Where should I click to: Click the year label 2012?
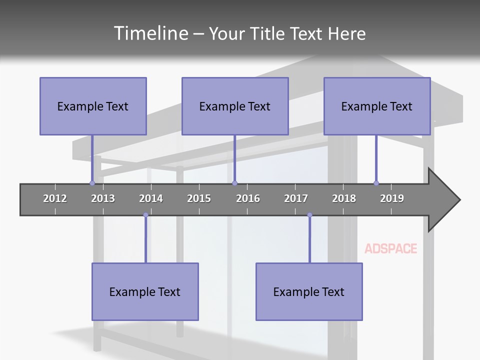(55, 198)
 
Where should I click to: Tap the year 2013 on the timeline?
(103, 198)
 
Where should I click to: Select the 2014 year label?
(151, 198)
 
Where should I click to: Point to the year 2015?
(199, 198)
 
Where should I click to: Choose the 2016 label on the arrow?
(248, 198)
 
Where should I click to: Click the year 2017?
(296, 198)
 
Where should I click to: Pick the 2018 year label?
(344, 198)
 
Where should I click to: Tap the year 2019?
(392, 198)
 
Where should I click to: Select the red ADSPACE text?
(391, 248)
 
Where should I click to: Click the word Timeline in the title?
(149, 33)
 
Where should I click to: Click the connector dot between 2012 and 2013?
(92, 183)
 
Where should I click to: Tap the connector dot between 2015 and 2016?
(234, 183)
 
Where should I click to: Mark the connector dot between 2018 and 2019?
(376, 183)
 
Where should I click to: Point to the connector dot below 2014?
(145, 215)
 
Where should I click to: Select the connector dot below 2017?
(309, 215)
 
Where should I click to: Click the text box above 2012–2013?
(93, 106)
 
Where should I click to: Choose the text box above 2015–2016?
(235, 106)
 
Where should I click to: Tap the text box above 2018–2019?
(377, 106)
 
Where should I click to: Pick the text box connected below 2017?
(309, 291)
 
